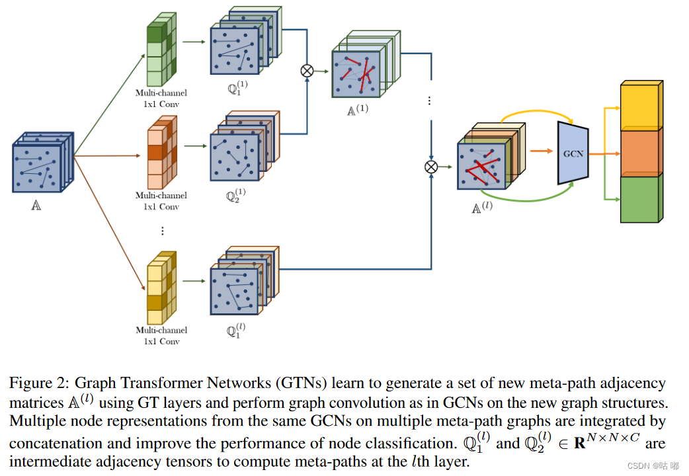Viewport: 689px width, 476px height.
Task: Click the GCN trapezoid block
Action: (x=573, y=153)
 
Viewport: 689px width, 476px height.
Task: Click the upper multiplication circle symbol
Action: (x=307, y=71)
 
